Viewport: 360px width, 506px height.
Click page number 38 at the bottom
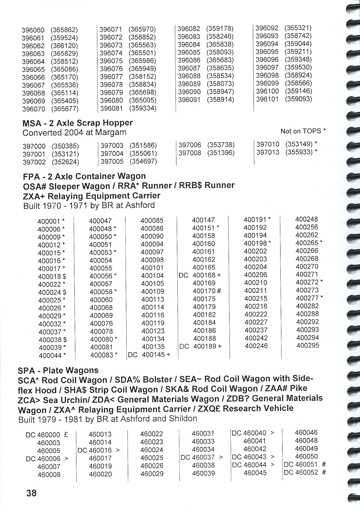click(31, 493)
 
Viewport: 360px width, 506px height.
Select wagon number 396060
click(33, 30)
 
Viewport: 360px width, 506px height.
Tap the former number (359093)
click(298, 99)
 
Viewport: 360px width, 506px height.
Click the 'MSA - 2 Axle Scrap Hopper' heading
click(77, 123)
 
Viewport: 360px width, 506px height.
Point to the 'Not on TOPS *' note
click(303, 131)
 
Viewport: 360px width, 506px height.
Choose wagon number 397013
click(268, 152)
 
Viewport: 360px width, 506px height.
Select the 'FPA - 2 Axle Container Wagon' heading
click(84, 176)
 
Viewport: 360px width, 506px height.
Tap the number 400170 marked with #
click(204, 291)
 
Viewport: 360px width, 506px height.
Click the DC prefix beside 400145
click(133, 355)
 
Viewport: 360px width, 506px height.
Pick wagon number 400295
click(308, 345)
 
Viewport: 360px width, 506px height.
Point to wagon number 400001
click(49, 221)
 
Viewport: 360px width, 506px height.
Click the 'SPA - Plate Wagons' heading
click(58, 371)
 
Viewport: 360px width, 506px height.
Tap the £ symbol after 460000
click(66, 435)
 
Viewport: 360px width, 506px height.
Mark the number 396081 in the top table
click(111, 108)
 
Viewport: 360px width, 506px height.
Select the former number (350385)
click(65, 146)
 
